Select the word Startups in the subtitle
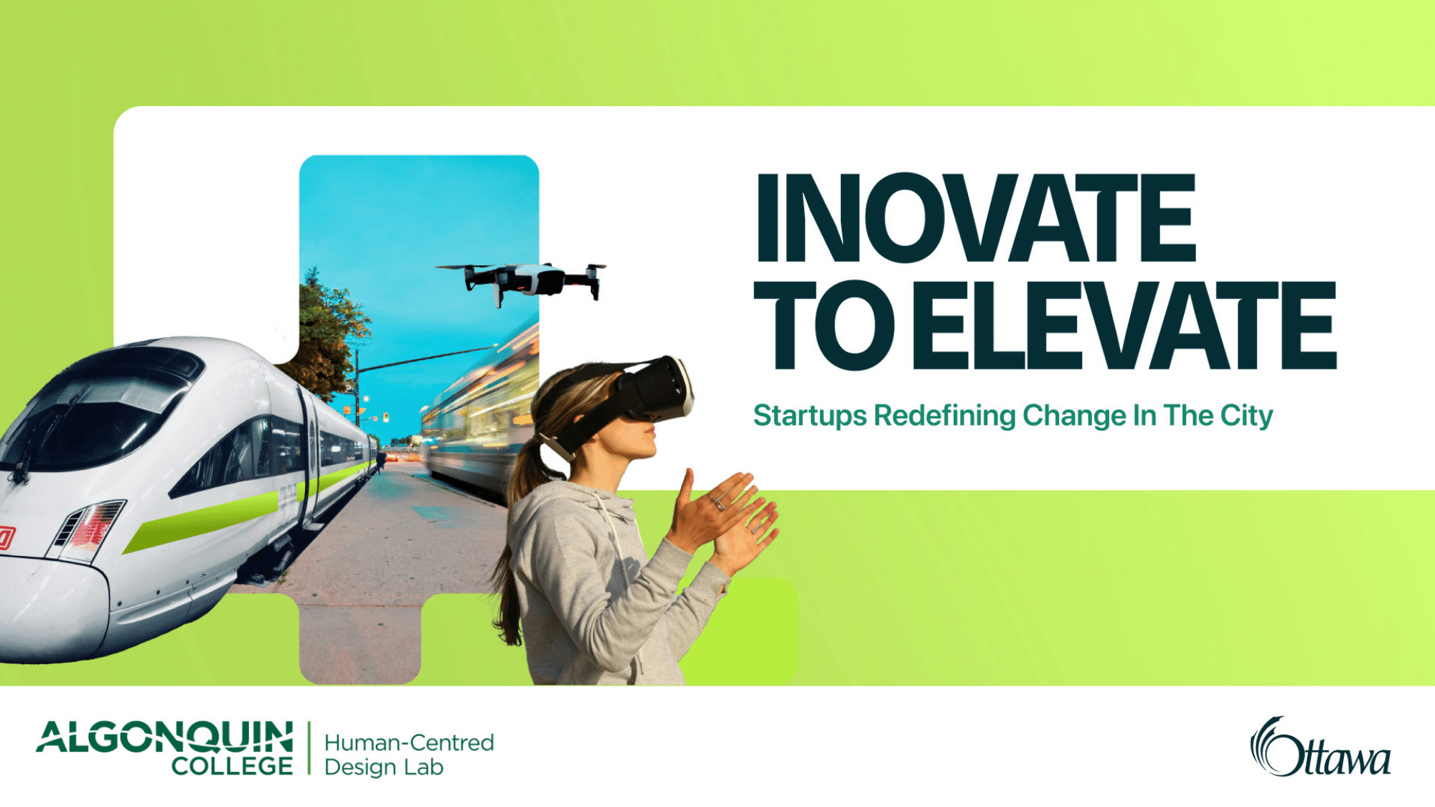click(x=809, y=416)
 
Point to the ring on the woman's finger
click(x=718, y=504)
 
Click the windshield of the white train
click(x=93, y=416)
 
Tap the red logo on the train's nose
click(x=6, y=538)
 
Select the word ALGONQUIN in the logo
click(x=165, y=737)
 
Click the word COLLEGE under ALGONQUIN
click(x=232, y=766)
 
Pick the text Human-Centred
click(x=409, y=742)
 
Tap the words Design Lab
click(x=384, y=768)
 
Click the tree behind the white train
click(x=326, y=330)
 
